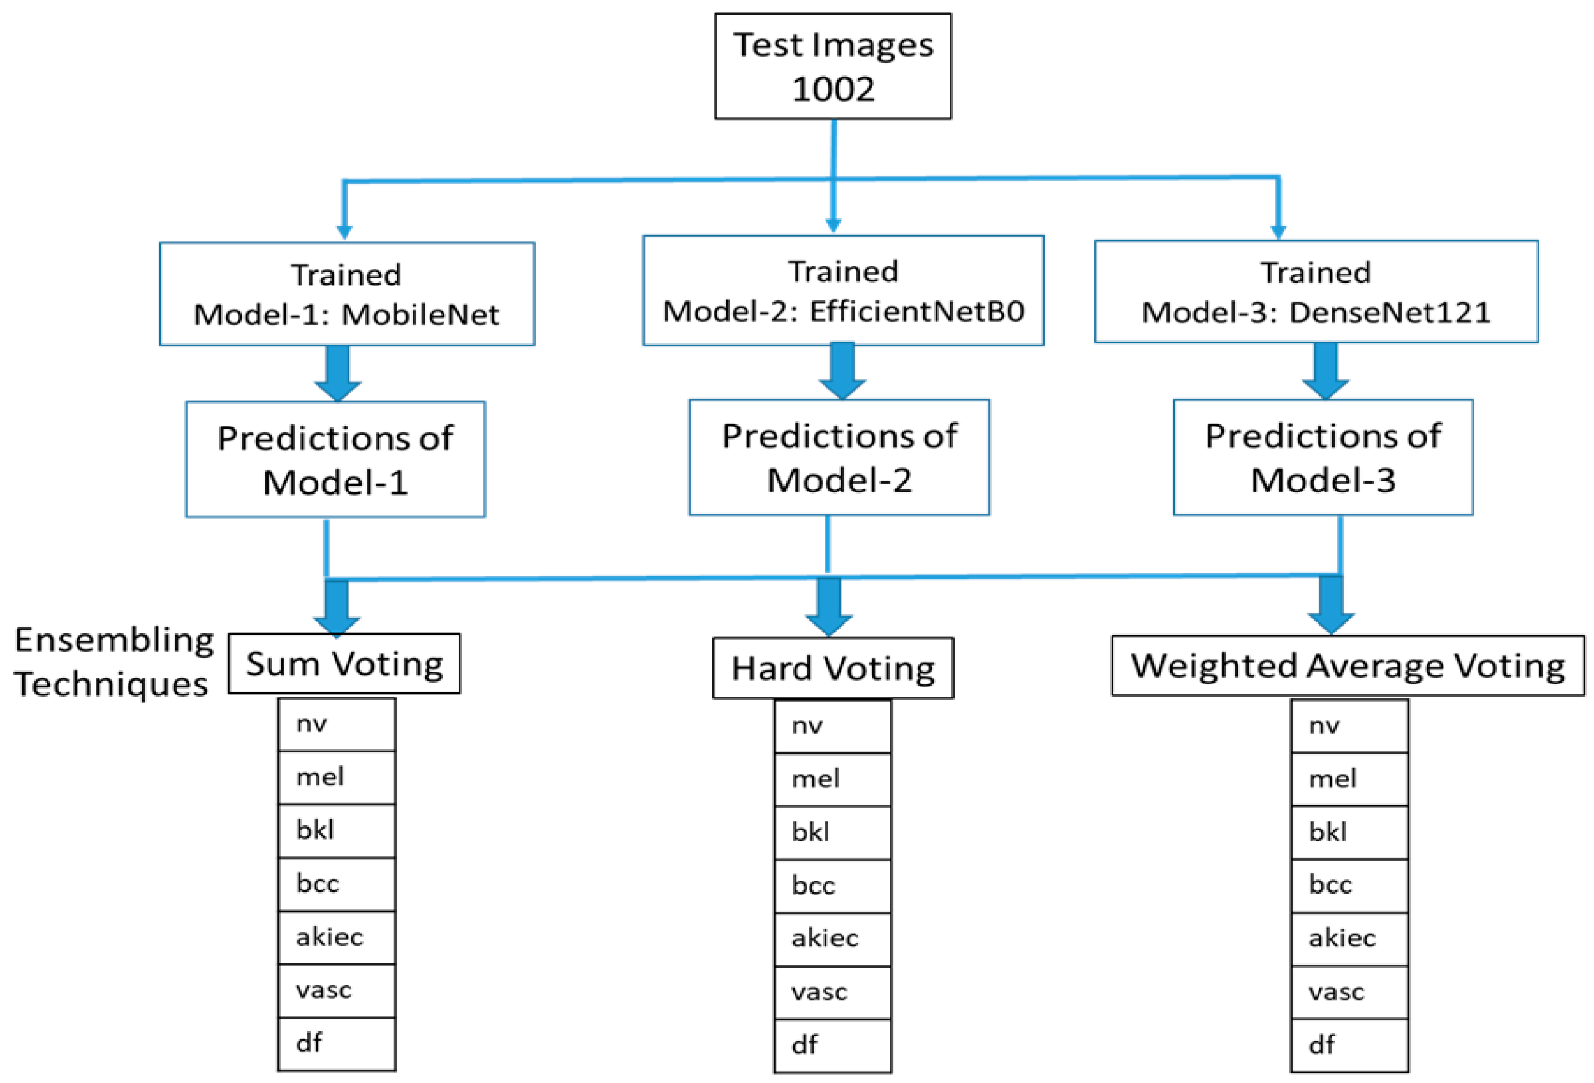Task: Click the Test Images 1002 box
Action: (x=833, y=66)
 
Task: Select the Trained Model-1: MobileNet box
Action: (x=347, y=294)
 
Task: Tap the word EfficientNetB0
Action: (x=917, y=312)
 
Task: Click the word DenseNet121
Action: (x=1390, y=313)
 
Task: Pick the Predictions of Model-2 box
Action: (x=839, y=457)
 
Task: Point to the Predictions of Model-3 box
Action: (x=1322, y=457)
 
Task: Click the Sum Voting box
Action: (x=345, y=664)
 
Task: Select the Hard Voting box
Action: (x=833, y=668)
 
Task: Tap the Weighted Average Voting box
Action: (x=1347, y=665)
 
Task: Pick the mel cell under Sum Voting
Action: (x=336, y=777)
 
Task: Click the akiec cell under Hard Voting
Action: (x=832, y=938)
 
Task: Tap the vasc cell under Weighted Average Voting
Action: (x=1349, y=992)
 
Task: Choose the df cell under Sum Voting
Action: (x=336, y=1043)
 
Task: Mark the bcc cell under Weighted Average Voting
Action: (x=1349, y=885)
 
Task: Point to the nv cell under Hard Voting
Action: (x=832, y=725)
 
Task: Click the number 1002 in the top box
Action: (x=833, y=89)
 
